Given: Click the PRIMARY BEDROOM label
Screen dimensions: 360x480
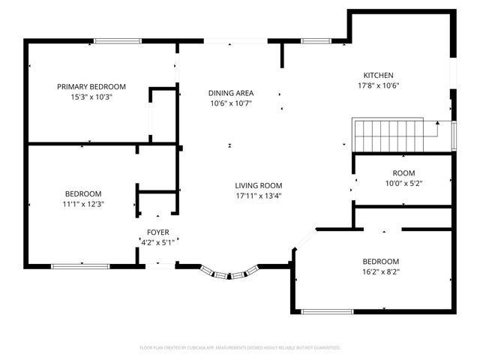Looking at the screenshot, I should point(91,87).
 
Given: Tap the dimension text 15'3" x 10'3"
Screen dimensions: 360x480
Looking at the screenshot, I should point(91,97).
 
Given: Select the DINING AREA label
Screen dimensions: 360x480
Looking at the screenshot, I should point(230,93).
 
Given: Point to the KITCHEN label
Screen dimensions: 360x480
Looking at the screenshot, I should point(379,75).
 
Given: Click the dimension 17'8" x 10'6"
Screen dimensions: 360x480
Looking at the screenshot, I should point(379,85).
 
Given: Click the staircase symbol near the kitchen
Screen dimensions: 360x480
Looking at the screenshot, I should point(394,134).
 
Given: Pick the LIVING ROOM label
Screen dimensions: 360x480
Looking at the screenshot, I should point(258,185).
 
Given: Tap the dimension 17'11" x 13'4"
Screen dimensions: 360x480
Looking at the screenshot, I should point(258,196).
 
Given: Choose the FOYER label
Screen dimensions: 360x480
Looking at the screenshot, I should point(157,232).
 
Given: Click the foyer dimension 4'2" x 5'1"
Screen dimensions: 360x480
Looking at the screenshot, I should point(157,242).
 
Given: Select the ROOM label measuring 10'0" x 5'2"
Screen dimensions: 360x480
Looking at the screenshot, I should point(403,173).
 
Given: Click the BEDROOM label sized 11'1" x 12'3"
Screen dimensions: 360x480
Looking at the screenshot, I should point(82,193).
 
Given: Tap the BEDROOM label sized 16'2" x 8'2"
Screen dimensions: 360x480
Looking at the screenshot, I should point(381,261).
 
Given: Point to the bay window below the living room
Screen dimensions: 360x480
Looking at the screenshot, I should point(229,274).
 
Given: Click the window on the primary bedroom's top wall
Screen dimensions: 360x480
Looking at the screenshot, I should point(117,40).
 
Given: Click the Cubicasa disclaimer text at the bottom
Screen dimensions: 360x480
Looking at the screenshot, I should point(240,348).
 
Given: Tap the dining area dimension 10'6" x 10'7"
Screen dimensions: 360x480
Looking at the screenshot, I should point(230,103).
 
